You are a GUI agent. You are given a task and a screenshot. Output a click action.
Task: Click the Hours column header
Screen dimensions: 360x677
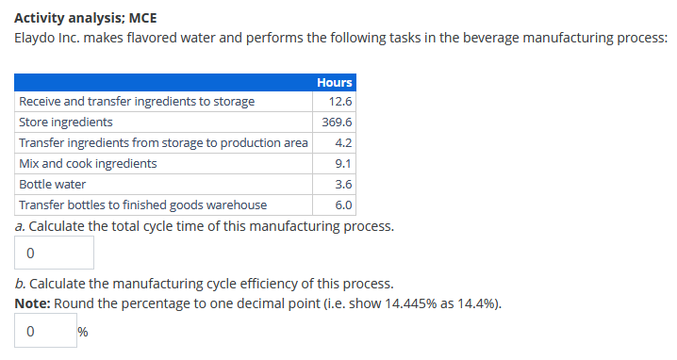[x=335, y=82]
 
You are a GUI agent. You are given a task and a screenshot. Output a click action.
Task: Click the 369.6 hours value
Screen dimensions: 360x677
[x=338, y=123]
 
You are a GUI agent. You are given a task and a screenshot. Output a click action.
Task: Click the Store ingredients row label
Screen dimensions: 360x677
[x=66, y=123]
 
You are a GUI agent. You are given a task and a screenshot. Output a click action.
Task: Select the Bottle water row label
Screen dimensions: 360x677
[x=53, y=184]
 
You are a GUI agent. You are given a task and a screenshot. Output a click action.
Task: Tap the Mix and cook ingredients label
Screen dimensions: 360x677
[x=89, y=163]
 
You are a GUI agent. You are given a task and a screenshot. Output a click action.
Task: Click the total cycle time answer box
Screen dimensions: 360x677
[x=55, y=253]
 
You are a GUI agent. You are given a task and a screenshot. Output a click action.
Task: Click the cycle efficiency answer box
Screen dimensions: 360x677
[x=46, y=331]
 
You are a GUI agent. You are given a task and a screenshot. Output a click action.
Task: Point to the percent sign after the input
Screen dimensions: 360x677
[x=83, y=332]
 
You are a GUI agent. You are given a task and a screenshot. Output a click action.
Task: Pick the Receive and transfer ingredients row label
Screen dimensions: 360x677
[x=136, y=102]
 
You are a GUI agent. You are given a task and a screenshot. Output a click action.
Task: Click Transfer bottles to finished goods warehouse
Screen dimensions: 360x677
[x=142, y=205]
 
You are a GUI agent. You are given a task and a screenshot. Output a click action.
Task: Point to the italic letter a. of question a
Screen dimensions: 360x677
[x=20, y=226]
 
